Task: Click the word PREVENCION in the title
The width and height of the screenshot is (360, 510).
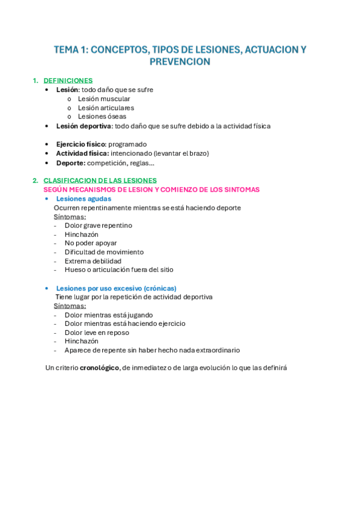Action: tap(180, 62)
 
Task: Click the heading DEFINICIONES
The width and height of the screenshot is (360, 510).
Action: tap(68, 81)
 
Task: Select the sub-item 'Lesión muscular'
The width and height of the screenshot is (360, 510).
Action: tap(104, 99)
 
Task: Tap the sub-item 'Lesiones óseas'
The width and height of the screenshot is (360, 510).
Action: tap(102, 117)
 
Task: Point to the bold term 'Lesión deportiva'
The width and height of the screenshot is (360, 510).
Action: tap(84, 126)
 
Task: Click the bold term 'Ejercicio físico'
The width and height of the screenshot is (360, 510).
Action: tap(81, 144)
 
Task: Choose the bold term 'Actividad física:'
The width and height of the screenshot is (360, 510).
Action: tap(82, 153)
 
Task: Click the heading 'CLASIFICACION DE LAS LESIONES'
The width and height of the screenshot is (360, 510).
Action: tap(100, 180)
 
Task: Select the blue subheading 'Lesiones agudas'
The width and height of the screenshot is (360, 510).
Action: tap(84, 198)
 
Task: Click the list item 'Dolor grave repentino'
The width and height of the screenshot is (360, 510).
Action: tap(99, 226)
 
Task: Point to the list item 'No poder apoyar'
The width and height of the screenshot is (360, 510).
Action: tap(91, 243)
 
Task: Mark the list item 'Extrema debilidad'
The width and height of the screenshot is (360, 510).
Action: tap(93, 261)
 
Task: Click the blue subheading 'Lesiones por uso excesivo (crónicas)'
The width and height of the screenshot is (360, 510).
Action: tap(116, 288)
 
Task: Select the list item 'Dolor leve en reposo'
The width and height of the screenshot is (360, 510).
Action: tap(97, 333)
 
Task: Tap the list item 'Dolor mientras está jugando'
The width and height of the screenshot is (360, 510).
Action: tap(109, 315)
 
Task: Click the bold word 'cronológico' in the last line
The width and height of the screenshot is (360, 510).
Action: tap(99, 368)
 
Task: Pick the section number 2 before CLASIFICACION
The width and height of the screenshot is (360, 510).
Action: tap(35, 180)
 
